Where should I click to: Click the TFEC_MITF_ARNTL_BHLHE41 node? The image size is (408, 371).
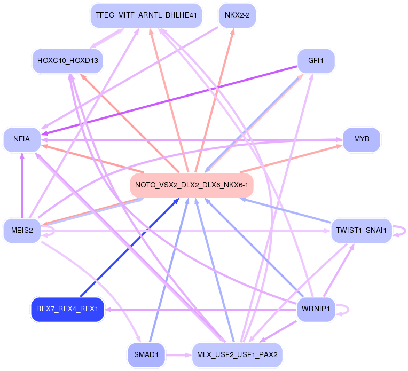(146, 15)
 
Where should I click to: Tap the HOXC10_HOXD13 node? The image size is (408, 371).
(67, 60)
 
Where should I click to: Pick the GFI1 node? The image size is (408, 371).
(316, 60)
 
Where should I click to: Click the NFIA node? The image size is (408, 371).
(21, 139)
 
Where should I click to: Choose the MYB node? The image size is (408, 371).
(362, 139)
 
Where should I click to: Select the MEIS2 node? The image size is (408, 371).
(22, 231)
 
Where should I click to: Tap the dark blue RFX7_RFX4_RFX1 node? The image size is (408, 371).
(67, 309)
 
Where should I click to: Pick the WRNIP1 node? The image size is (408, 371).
(316, 309)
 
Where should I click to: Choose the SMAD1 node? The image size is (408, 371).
(146, 354)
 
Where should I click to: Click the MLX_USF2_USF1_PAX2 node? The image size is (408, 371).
(237, 354)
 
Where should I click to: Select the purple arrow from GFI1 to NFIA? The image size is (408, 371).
(171, 99)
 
